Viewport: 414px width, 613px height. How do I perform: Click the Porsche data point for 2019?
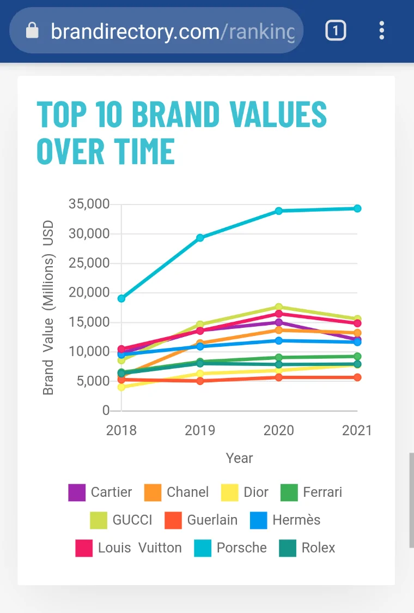point(200,238)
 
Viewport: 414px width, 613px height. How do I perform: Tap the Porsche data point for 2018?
point(121,298)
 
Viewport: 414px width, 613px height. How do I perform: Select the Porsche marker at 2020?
point(278,211)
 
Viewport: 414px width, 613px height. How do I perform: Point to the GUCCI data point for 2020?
point(278,307)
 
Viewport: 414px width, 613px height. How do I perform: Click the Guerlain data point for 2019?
point(200,381)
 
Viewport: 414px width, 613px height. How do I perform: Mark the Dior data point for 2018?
point(121,387)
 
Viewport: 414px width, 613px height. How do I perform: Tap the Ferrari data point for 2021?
point(357,357)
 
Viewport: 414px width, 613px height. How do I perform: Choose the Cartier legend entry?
point(100,492)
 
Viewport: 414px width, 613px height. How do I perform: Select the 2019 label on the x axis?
point(200,430)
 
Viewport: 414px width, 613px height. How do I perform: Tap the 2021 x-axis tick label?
point(357,430)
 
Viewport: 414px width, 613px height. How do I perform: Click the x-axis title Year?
point(239,458)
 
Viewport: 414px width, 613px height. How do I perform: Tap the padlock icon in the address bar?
point(33,31)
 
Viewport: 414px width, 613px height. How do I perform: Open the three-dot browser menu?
point(382,31)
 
